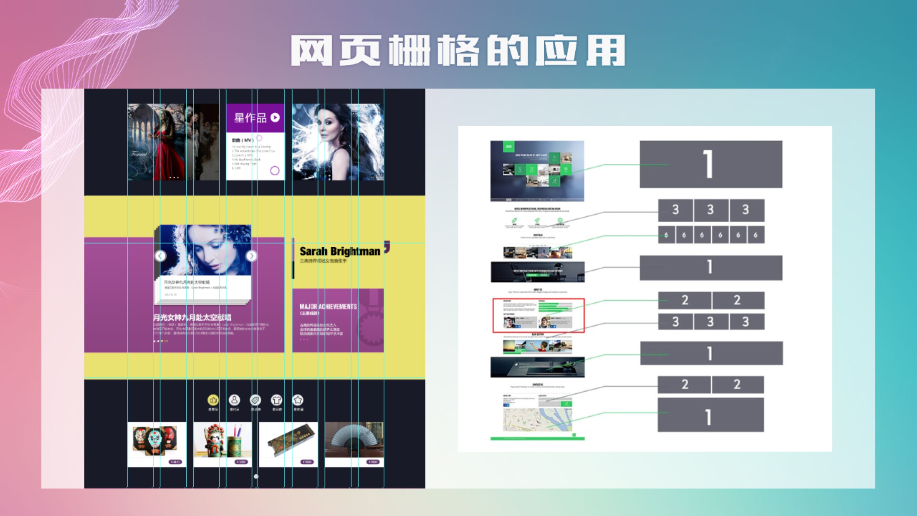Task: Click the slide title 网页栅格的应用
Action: tap(458, 50)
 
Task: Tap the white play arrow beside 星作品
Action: tap(275, 117)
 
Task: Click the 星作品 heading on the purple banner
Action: tap(250, 117)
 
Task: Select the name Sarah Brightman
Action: tap(340, 251)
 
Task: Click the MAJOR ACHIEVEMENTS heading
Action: tap(328, 307)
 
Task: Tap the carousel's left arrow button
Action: tap(160, 256)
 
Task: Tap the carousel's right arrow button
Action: tap(251, 256)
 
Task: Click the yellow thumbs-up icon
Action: tap(213, 400)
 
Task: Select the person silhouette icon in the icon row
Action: tap(234, 400)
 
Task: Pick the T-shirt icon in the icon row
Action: tap(277, 400)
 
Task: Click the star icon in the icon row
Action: tap(298, 400)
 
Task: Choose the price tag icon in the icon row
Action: tap(255, 400)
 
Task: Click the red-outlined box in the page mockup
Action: tap(538, 315)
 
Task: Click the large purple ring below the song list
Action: tap(275, 171)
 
